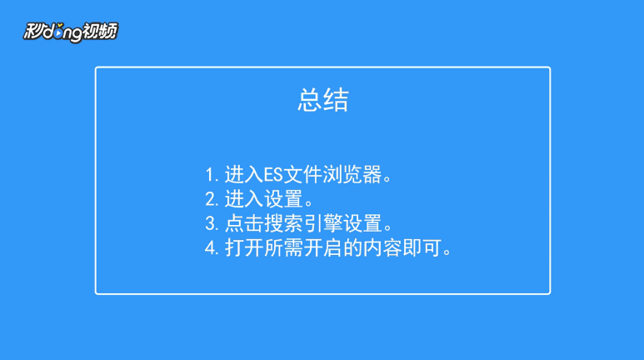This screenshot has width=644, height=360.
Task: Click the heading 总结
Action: [x=323, y=100]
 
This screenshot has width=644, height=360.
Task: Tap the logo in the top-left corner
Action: [x=71, y=32]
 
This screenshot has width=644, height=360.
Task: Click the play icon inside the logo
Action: [x=60, y=32]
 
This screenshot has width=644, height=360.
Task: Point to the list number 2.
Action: [x=212, y=199]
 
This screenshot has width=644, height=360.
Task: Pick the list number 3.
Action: [x=212, y=224]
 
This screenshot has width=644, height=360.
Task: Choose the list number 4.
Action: [x=212, y=248]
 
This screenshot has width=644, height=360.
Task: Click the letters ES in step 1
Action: [x=273, y=175]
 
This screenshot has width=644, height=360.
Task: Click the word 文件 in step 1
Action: [x=303, y=175]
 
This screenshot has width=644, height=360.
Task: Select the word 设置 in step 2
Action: [x=283, y=199]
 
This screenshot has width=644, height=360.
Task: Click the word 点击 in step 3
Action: [x=244, y=224]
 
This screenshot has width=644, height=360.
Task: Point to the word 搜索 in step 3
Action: [x=283, y=224]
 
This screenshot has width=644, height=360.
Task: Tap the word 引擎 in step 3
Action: [x=322, y=224]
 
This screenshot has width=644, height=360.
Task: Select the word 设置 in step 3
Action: [x=362, y=224]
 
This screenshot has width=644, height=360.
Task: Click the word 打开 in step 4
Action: [x=244, y=248]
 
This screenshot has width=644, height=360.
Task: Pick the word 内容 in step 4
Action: [x=382, y=248]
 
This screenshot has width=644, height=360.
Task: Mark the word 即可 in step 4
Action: [x=422, y=248]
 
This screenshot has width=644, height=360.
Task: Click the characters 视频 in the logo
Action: [x=100, y=31]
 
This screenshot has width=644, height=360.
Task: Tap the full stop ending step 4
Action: [x=447, y=252]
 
